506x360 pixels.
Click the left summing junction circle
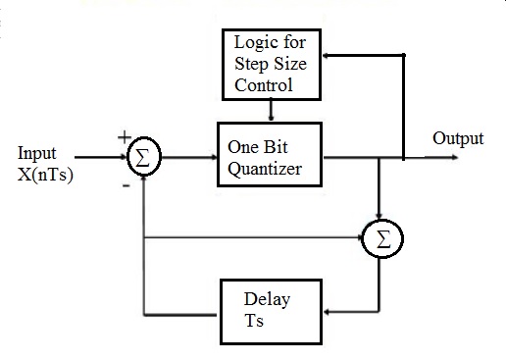144,157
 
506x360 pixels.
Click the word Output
458,138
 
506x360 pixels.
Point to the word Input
38,153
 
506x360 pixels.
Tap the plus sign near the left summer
124,136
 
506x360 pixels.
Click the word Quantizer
270,168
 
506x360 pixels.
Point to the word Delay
269,298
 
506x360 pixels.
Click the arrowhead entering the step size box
329,56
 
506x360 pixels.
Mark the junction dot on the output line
404,156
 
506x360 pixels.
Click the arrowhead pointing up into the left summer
144,179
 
